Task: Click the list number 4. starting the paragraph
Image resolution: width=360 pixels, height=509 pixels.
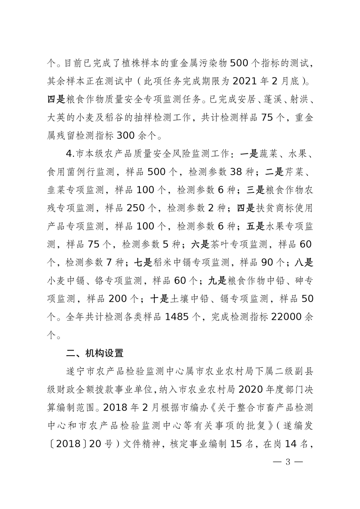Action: coord(69,154)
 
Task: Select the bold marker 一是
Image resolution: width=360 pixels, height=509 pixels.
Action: coord(249,154)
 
